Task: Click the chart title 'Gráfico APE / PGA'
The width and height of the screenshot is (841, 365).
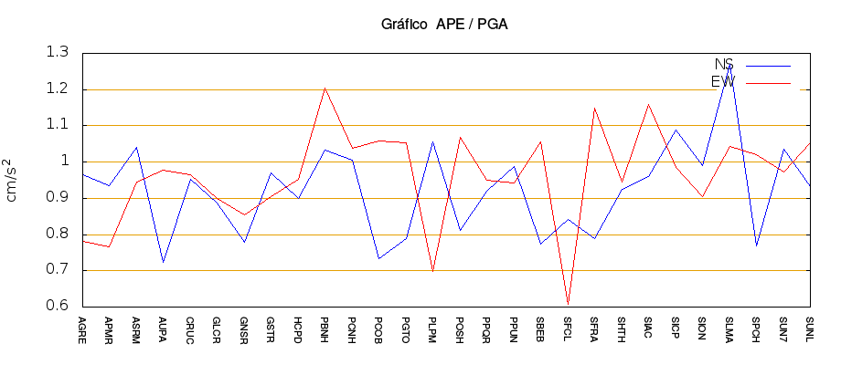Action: (x=444, y=25)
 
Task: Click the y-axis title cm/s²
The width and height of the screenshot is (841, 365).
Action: (x=12, y=180)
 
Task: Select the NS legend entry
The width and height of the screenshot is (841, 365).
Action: (x=723, y=64)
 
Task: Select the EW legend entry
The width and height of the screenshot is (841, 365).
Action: (x=723, y=82)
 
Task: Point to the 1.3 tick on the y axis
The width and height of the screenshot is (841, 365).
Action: (x=57, y=53)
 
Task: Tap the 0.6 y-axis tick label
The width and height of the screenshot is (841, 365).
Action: (x=57, y=307)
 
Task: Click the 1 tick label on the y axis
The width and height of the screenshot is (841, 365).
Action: (x=64, y=162)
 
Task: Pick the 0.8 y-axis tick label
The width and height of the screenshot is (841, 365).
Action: (x=57, y=235)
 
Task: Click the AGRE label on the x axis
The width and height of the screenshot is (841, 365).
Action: (x=83, y=325)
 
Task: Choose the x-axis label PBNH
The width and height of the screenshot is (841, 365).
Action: (x=325, y=325)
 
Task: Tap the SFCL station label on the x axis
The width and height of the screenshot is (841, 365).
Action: (x=568, y=325)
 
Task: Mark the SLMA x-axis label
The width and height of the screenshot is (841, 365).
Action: (x=729, y=325)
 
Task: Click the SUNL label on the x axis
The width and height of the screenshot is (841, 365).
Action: (x=810, y=325)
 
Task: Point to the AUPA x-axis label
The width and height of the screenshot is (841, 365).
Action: (x=164, y=325)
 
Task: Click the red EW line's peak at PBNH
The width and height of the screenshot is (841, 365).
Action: (x=325, y=89)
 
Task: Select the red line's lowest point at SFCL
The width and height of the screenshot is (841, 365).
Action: (x=568, y=303)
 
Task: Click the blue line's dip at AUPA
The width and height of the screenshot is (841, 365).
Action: (x=164, y=262)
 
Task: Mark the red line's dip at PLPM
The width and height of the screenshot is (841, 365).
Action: (x=433, y=271)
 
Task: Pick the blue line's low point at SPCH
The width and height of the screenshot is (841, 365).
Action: (x=756, y=245)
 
